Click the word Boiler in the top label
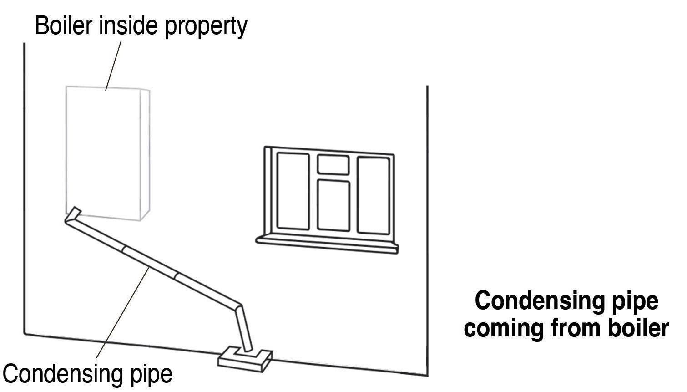(x=64, y=26)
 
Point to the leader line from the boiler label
(x=114, y=66)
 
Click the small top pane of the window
(x=333, y=165)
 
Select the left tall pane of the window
(x=293, y=191)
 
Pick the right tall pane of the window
(x=373, y=195)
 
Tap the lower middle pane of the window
(x=333, y=205)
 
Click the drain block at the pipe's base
(x=246, y=359)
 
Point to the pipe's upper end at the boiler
(x=73, y=214)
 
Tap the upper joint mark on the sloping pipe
(x=124, y=249)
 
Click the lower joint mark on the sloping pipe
(x=177, y=276)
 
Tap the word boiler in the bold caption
(x=638, y=328)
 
